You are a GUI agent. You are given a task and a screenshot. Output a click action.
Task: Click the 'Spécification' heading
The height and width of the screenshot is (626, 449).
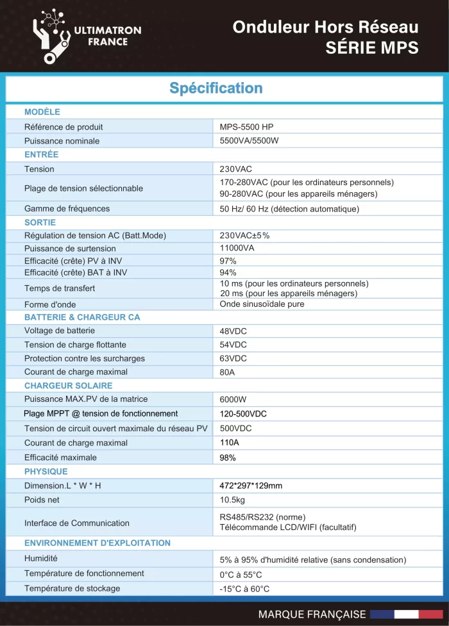pos(216,88)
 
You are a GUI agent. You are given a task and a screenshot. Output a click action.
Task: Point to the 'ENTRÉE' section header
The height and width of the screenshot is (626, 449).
pos(41,154)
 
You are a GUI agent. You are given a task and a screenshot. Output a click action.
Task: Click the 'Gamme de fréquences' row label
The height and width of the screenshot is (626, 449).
pos(67,208)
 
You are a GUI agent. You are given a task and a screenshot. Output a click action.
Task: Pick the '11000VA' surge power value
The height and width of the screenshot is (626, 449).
pos(237,248)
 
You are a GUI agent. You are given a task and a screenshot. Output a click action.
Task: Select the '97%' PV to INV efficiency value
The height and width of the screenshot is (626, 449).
pos(228,261)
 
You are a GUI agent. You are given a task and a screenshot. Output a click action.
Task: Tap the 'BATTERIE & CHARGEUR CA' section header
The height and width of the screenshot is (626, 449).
pos(82,317)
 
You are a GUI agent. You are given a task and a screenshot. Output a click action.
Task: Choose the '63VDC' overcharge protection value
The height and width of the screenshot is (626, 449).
pos(233,358)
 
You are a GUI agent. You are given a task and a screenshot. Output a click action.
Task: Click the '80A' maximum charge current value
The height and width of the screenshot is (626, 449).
pos(227,372)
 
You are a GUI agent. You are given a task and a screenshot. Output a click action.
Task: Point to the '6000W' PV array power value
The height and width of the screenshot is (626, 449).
pos(233,399)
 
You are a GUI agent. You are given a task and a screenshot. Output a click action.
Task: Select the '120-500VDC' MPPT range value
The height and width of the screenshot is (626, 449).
pos(243,413)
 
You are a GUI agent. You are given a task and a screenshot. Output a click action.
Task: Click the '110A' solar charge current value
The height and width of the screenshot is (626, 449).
pos(230,443)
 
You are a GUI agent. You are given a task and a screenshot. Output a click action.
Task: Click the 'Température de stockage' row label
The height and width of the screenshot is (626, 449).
pos(72,588)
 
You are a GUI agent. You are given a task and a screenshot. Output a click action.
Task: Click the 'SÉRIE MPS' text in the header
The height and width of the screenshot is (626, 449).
pos(372,47)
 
